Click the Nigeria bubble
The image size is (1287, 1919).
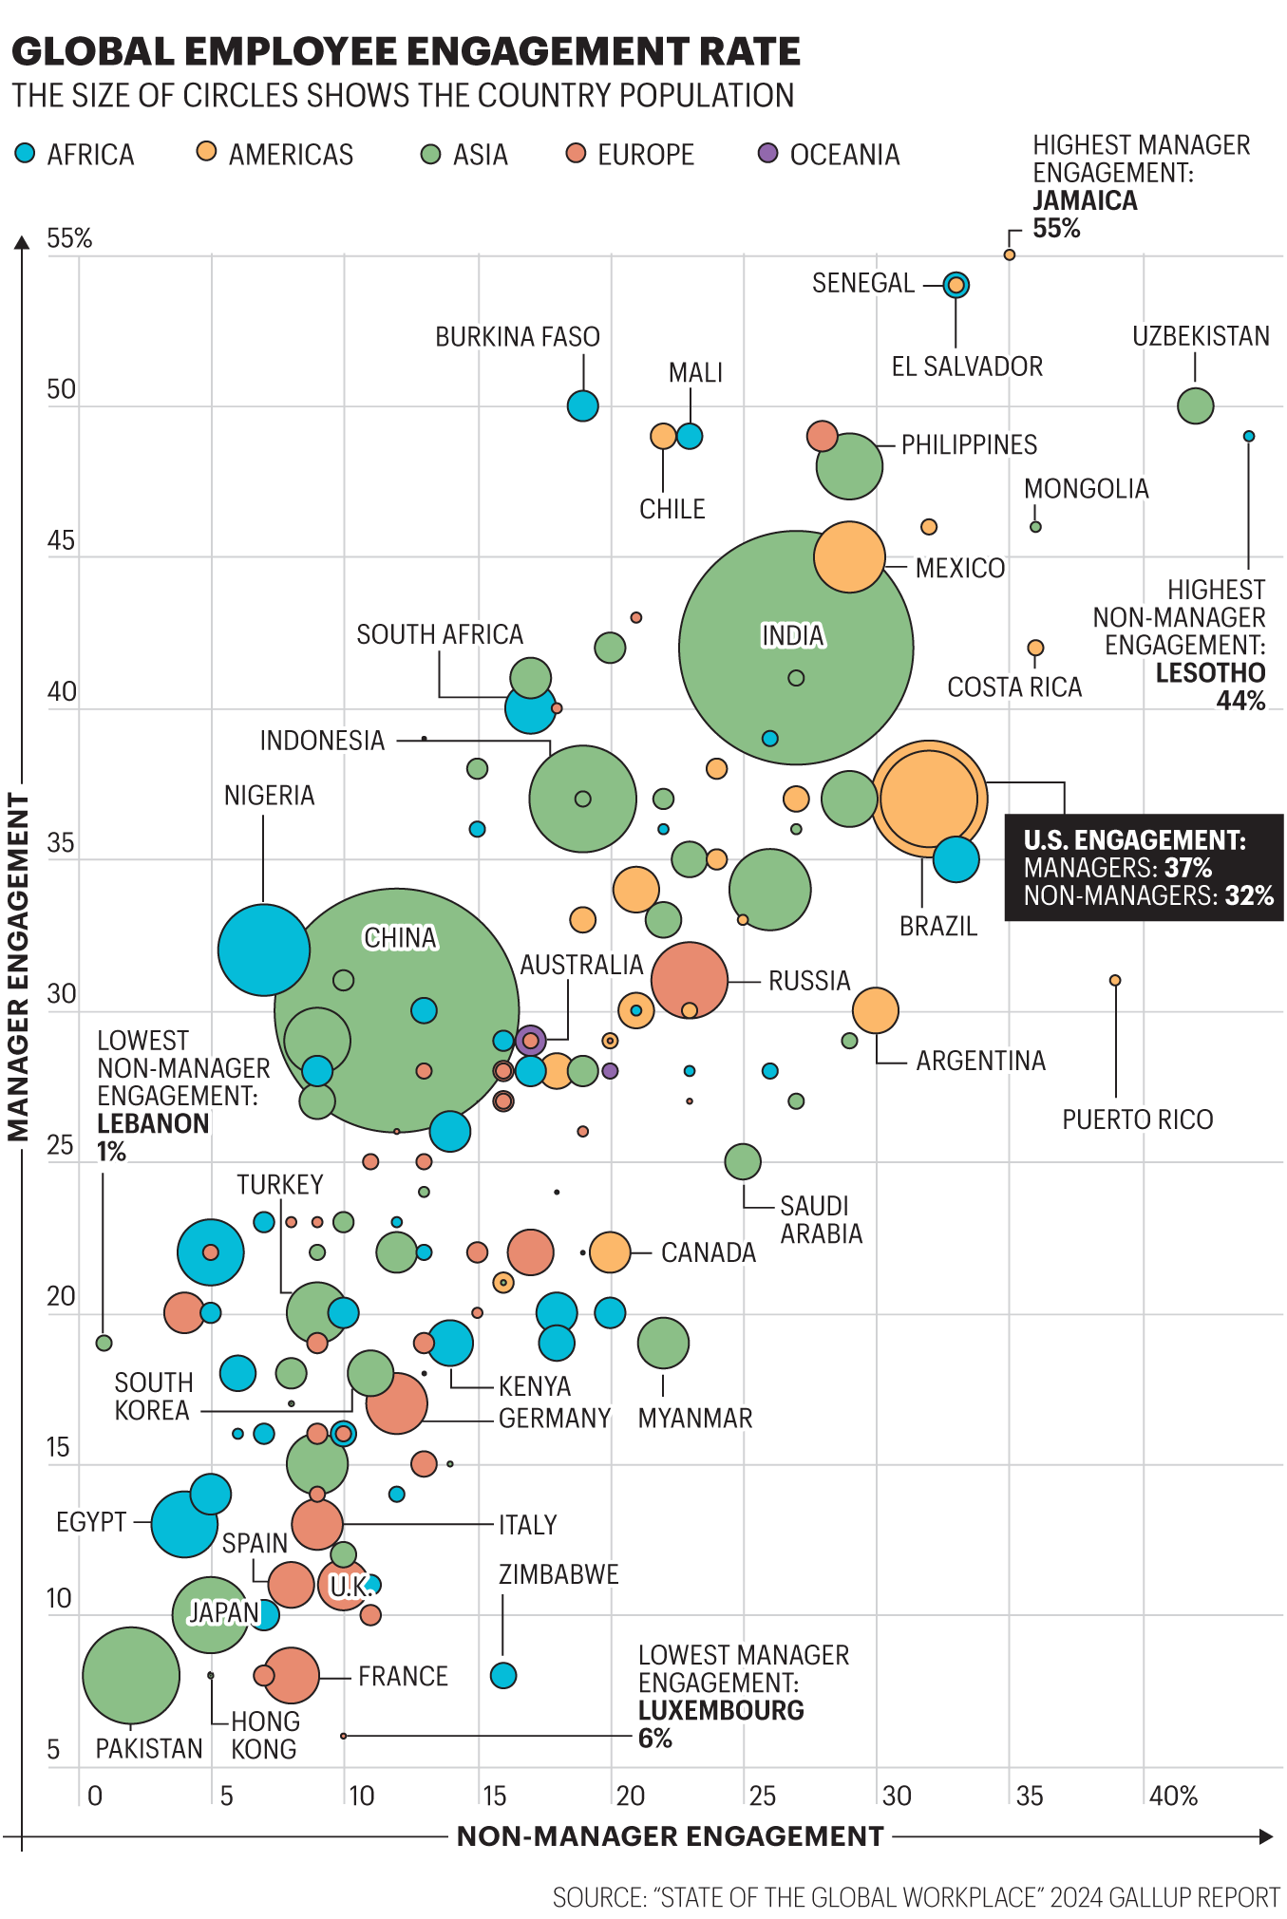(x=264, y=950)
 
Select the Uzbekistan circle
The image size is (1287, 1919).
(x=1195, y=406)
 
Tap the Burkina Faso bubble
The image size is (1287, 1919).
(x=583, y=406)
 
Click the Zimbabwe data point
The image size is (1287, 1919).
(x=503, y=1676)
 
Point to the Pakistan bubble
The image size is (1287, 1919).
(x=131, y=1676)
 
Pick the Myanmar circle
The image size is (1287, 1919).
(x=663, y=1343)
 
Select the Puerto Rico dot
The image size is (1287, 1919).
(x=1115, y=980)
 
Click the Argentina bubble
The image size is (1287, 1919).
(x=876, y=1010)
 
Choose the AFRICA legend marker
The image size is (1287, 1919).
(x=26, y=153)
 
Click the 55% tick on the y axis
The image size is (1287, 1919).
(x=69, y=239)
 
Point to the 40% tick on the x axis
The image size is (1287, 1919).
(x=1173, y=1797)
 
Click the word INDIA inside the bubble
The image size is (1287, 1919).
(x=793, y=635)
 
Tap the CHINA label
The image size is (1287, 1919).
(x=400, y=938)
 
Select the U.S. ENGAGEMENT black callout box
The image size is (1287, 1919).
(x=1144, y=867)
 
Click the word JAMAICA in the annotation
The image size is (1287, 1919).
(x=1085, y=200)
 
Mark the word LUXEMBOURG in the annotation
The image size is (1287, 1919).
(x=721, y=1710)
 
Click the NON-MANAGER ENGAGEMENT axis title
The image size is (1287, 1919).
(x=670, y=1836)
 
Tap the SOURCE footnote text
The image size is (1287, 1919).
(x=916, y=1897)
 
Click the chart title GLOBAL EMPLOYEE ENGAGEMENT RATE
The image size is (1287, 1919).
(x=406, y=51)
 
